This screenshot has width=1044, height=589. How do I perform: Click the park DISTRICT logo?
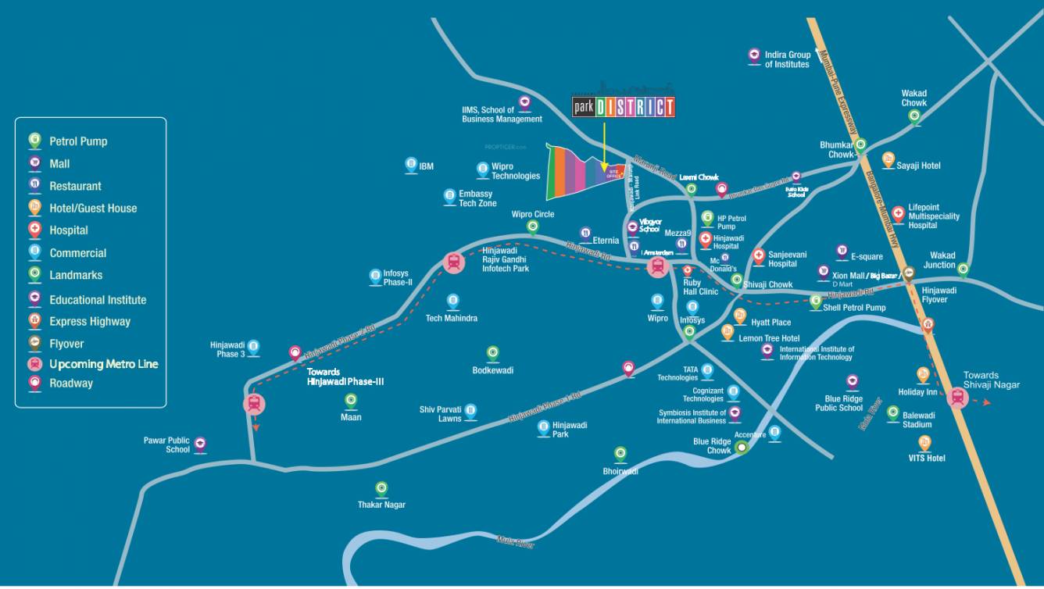[623, 107]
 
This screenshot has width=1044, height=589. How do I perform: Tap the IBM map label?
[426, 166]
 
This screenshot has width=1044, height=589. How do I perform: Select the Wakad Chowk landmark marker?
[914, 116]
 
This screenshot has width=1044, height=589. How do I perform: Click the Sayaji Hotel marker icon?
[888, 159]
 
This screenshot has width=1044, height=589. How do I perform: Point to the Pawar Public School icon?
[200, 444]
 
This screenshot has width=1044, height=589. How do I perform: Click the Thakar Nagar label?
[381, 505]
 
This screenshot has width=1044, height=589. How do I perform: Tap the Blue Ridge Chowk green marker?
[742, 447]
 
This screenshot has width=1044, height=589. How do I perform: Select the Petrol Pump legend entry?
[78, 141]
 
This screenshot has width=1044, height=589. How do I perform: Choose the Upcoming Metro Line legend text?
[103, 364]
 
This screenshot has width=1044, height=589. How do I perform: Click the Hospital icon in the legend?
[35, 230]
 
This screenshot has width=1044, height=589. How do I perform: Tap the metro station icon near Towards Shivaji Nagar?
[957, 398]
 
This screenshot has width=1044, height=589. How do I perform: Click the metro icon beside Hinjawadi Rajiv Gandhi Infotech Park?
[453, 262]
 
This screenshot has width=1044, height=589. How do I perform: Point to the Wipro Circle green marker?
[533, 227]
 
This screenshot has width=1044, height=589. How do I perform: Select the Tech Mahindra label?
[451, 319]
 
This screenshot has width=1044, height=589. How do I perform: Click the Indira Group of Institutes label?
[787, 59]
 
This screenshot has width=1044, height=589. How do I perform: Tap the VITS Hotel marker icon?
[923, 441]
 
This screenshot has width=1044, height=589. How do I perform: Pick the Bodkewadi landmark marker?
[492, 353]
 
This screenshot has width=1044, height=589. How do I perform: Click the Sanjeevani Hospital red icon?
[759, 256]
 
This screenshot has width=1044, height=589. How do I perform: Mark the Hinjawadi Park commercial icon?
[543, 427]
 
